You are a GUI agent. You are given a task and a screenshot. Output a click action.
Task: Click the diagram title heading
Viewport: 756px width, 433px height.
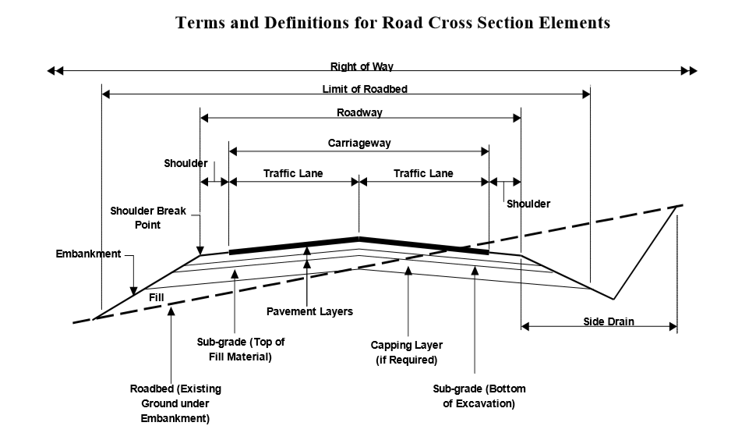click(x=393, y=23)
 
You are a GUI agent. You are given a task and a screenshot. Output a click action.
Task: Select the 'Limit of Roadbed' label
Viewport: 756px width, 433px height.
click(x=364, y=89)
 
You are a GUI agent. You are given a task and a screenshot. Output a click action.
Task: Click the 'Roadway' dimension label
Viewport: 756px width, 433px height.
click(x=359, y=113)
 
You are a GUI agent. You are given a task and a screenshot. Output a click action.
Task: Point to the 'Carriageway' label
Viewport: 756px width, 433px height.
click(x=359, y=144)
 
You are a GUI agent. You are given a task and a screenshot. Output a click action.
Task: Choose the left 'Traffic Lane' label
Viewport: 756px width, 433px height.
click(x=292, y=173)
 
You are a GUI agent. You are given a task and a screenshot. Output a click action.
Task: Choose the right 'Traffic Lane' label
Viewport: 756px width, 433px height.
click(x=422, y=173)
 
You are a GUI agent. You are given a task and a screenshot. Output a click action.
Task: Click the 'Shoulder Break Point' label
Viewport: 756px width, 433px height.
click(x=147, y=218)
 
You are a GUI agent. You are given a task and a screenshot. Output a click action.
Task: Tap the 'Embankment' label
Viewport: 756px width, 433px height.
click(x=88, y=254)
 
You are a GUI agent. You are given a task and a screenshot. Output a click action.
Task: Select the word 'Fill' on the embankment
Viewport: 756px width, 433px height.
click(x=156, y=297)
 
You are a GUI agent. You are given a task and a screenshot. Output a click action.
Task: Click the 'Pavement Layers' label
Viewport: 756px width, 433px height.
click(x=309, y=312)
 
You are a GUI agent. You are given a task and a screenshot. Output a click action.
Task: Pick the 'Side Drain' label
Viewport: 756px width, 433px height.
click(x=608, y=321)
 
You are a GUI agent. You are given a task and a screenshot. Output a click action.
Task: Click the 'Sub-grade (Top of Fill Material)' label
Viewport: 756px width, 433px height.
click(x=241, y=350)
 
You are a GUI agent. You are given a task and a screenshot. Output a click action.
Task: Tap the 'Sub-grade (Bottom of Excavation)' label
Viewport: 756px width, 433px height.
click(x=479, y=396)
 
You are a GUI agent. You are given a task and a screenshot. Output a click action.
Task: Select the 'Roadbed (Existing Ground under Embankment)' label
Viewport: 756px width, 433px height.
click(x=175, y=403)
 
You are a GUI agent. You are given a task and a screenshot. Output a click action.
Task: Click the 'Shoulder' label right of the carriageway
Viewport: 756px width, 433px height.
click(x=528, y=204)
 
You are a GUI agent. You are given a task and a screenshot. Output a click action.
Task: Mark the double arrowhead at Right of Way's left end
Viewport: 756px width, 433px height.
click(x=54, y=71)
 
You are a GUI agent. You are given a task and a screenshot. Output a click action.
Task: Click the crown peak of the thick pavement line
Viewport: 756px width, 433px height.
click(x=359, y=238)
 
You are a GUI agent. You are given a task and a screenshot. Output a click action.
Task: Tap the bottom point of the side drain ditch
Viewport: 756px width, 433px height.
click(x=613, y=299)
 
